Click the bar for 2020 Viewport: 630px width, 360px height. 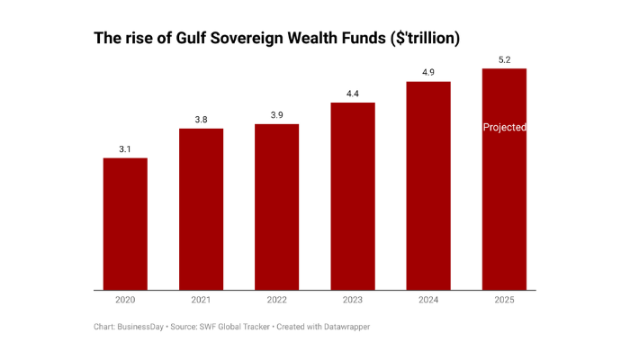click(x=125, y=225)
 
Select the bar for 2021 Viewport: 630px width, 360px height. click(x=201, y=210)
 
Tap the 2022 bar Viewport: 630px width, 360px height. click(x=276, y=207)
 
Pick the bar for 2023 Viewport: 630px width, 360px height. click(x=353, y=197)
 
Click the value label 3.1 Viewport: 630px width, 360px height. click(x=125, y=148)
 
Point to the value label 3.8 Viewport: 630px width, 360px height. click(x=201, y=119)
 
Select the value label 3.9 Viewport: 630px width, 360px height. click(x=276, y=114)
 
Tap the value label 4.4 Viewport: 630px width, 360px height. click(x=353, y=93)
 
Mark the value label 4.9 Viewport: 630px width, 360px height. click(x=428, y=72)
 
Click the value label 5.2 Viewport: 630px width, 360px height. click(x=504, y=59)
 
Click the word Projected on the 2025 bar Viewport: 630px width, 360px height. click(x=504, y=128)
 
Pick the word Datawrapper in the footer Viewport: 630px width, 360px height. click(x=343, y=327)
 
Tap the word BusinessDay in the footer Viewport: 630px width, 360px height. click(x=142, y=327)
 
